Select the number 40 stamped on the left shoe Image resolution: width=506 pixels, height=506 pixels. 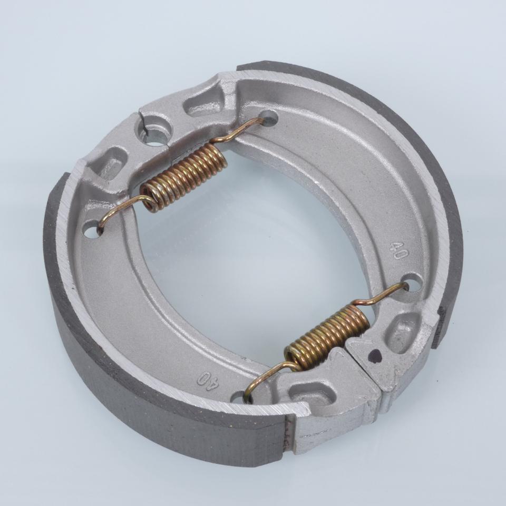[209, 381]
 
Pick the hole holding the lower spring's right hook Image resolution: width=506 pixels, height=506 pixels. [412, 281]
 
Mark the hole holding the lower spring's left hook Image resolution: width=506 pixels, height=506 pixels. [240, 397]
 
